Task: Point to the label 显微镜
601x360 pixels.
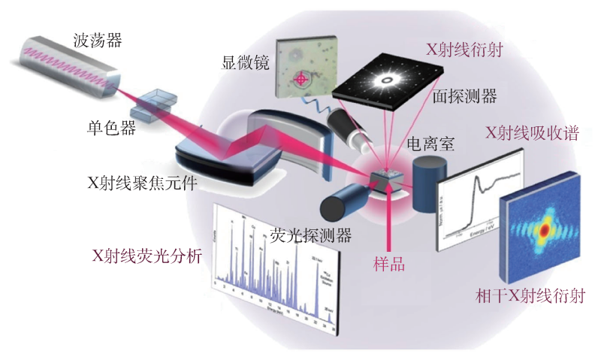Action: click(x=245, y=61)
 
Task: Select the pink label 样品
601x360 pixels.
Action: click(x=389, y=265)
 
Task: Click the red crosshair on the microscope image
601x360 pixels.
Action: click(x=302, y=78)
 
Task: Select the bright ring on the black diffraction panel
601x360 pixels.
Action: click(x=390, y=77)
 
